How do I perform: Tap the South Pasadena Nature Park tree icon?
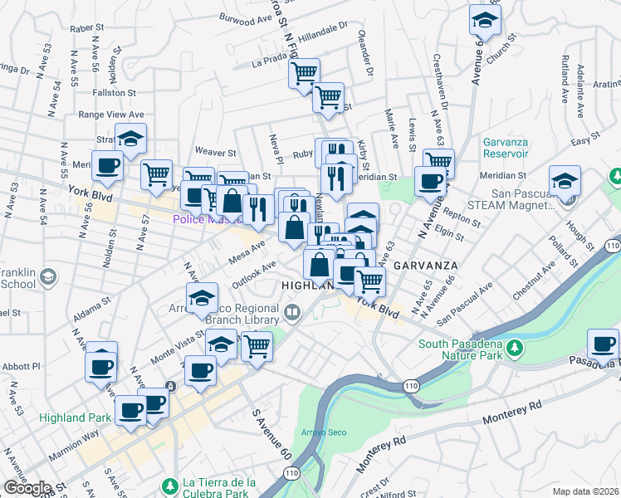pos(515,345)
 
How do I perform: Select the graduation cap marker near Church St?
pos(485,20)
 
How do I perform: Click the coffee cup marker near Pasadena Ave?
pos(603,342)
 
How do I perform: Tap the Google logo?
pos(27,488)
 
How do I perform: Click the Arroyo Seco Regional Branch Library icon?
pos(291,313)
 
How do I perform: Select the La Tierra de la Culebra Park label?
pos(218,488)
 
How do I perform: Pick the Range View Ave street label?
pos(111,115)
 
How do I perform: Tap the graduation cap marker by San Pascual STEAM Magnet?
pos(565,180)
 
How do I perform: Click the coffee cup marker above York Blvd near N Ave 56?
pos(107,166)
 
